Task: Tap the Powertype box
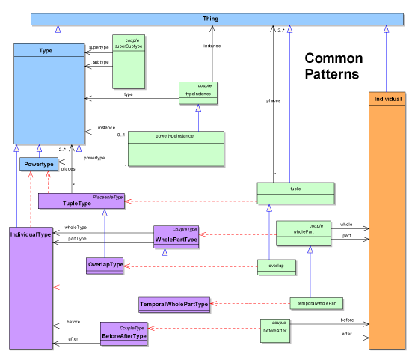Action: [38, 163]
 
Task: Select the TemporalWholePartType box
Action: [173, 305]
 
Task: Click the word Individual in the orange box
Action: [387, 100]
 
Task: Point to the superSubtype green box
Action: [128, 60]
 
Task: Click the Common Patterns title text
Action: [333, 67]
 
